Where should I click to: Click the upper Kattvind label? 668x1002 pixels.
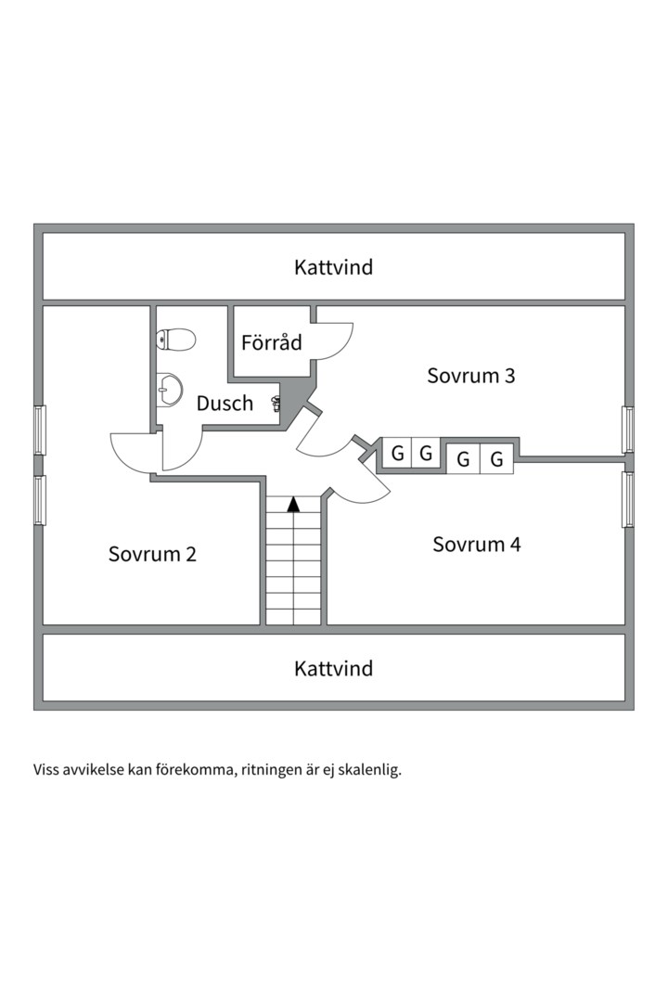click(x=333, y=266)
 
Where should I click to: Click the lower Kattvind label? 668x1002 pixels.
click(x=333, y=668)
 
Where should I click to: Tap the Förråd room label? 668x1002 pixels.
click(x=271, y=341)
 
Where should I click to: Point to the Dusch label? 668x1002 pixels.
click(x=225, y=403)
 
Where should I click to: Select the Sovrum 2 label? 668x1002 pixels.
click(x=152, y=553)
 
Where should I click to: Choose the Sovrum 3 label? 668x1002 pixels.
click(x=471, y=375)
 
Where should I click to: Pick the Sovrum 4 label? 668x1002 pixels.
click(x=476, y=544)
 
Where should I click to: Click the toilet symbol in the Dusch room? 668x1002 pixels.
click(x=175, y=340)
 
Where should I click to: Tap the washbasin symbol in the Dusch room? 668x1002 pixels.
click(x=170, y=389)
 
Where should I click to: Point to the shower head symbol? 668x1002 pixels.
click(x=276, y=403)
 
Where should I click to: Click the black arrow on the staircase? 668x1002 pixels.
click(x=293, y=504)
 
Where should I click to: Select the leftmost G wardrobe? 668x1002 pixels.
click(x=397, y=453)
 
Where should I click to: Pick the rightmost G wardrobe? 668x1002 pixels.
click(x=496, y=458)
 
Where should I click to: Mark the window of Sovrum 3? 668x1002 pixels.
click(x=628, y=430)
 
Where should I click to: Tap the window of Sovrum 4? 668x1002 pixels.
click(x=628, y=500)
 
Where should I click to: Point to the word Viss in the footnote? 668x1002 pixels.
click(x=45, y=769)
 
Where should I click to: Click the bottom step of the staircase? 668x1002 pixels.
click(x=293, y=617)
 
